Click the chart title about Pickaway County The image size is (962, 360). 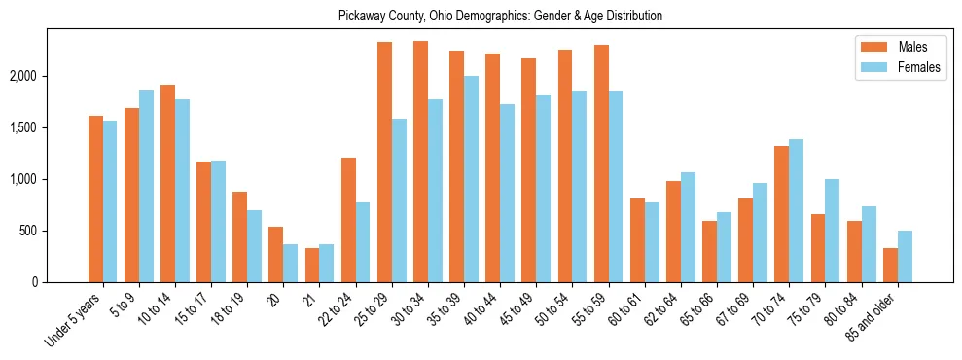(x=500, y=17)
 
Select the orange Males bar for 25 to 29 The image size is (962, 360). (x=384, y=162)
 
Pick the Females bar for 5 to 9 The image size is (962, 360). (x=146, y=186)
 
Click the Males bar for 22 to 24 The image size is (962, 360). (x=348, y=220)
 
